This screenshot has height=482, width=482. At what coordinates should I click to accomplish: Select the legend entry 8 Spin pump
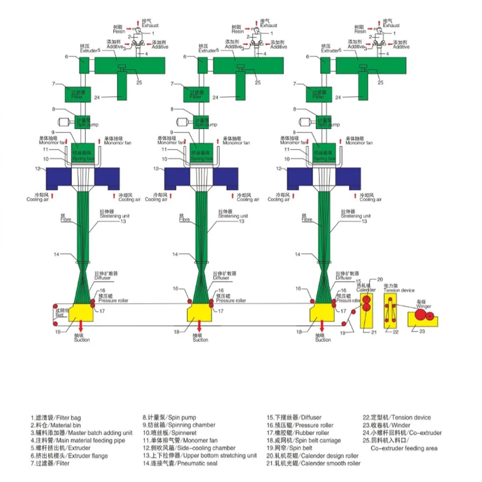point(170,418)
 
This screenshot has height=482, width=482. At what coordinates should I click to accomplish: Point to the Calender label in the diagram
point(366,290)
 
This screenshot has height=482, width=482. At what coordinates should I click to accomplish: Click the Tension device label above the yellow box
point(397,290)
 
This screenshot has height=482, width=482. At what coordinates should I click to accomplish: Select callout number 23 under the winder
point(422,331)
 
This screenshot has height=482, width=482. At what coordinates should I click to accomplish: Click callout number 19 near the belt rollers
point(342,333)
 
